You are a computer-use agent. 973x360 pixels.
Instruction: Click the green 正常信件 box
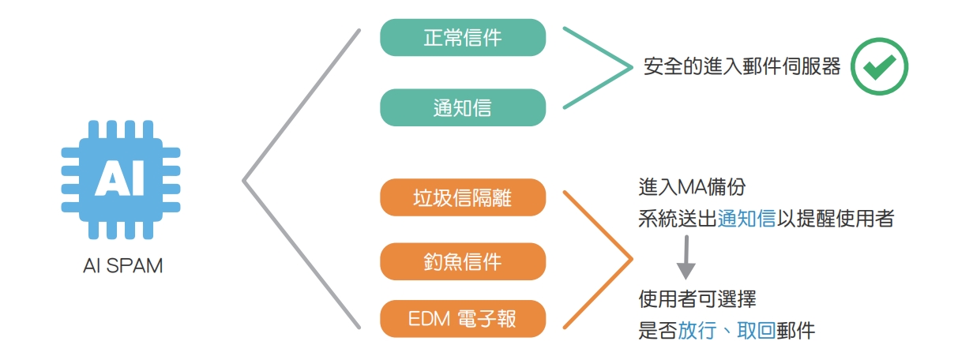[x=462, y=37]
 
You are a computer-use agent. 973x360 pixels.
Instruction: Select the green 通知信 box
[x=462, y=107]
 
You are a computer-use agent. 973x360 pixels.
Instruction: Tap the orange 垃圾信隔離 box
[x=462, y=197]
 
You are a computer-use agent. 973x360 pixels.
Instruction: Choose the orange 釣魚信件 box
[x=462, y=261]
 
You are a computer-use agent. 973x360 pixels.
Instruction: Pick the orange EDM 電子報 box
[x=462, y=320]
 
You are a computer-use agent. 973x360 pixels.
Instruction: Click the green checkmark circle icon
[x=879, y=66]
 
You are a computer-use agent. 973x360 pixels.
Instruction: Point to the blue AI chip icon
[x=120, y=181]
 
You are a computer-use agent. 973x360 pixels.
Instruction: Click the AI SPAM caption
[x=122, y=266]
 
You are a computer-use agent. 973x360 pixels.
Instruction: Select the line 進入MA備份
[x=692, y=188]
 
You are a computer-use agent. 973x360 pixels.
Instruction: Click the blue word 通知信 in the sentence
[x=746, y=219]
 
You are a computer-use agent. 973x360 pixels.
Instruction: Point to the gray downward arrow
[x=686, y=260]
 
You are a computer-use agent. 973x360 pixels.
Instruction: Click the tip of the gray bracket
[x=245, y=181]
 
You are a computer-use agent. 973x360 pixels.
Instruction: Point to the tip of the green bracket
[x=633, y=67]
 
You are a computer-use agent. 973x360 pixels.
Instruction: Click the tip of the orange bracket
[x=632, y=258]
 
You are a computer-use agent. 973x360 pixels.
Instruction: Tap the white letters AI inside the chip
[x=120, y=178]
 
